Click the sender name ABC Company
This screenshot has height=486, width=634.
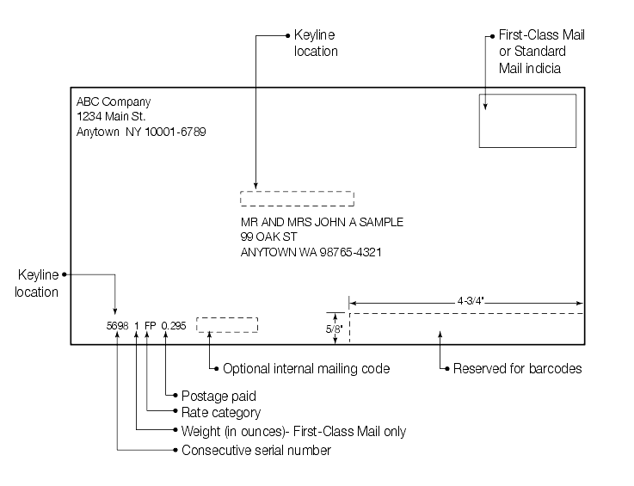tap(114, 102)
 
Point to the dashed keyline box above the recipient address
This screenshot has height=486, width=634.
tap(297, 199)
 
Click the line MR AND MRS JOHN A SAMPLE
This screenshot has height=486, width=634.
tap(322, 222)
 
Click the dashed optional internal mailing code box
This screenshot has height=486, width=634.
tap(227, 325)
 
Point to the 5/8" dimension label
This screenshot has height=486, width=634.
tap(335, 329)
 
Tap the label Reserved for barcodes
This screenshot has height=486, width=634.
tap(518, 369)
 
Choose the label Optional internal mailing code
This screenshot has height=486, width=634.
tap(306, 369)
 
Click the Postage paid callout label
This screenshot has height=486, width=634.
tap(219, 397)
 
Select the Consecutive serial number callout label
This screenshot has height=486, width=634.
tap(255, 451)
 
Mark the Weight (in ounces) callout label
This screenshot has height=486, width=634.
tap(293, 432)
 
